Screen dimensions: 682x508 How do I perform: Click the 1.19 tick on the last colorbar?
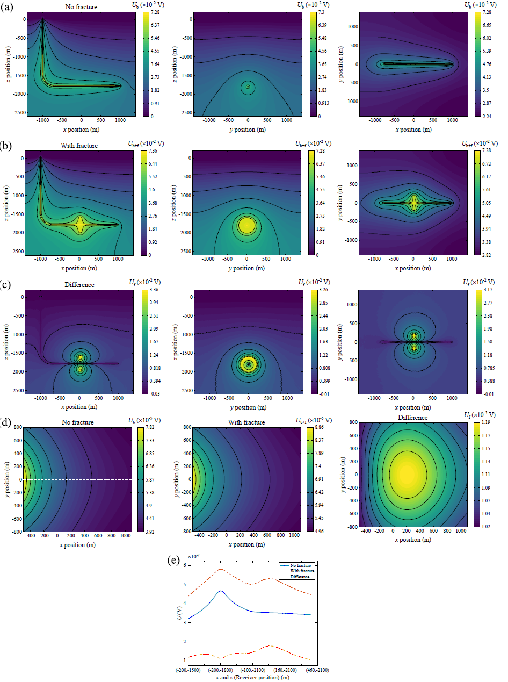[489, 423]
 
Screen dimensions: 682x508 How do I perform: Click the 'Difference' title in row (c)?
[79, 285]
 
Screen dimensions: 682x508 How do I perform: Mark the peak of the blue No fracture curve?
[221, 591]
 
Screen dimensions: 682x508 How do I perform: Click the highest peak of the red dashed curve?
[221, 569]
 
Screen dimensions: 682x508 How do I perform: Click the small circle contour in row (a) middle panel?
[248, 87]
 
